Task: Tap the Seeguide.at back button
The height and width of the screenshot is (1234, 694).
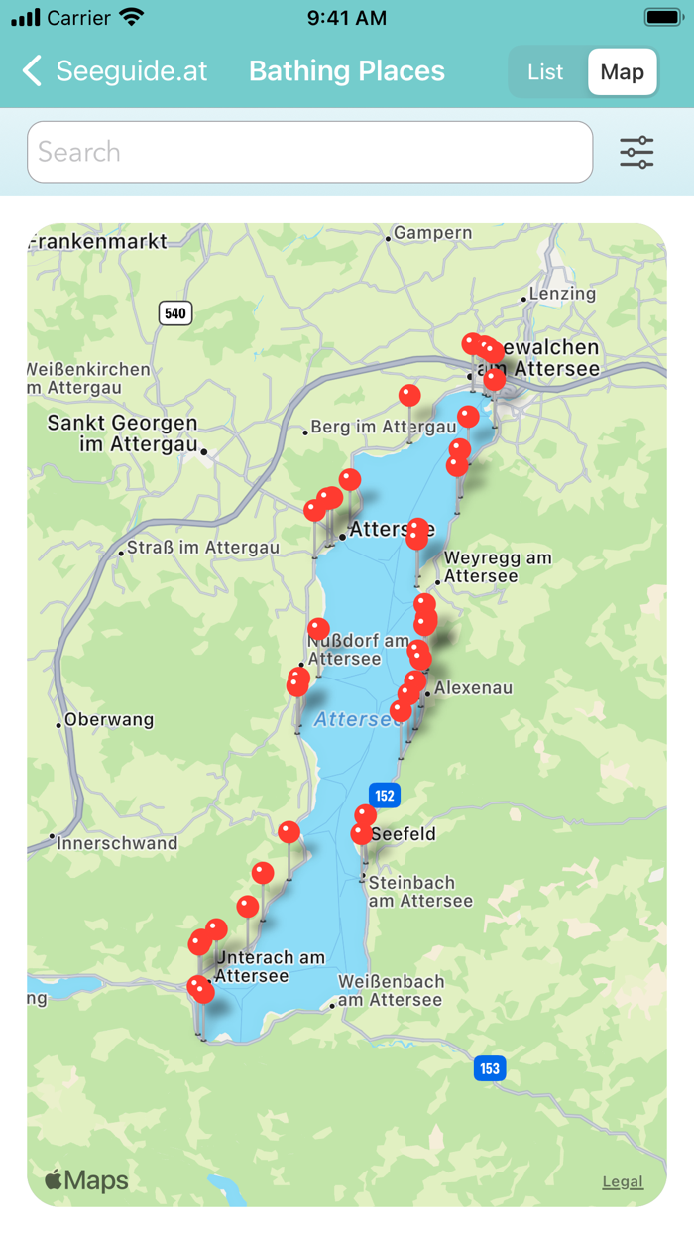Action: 114,71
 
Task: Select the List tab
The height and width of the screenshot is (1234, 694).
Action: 545,72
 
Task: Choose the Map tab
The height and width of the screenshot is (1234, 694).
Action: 622,72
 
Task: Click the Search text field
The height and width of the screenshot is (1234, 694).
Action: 309,152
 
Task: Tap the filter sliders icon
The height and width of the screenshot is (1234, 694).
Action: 636,152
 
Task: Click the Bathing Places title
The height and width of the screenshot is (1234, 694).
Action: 347,71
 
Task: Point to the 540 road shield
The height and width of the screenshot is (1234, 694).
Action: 174,313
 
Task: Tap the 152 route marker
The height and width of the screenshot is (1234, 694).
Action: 385,795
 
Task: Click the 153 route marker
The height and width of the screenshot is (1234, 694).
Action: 489,1068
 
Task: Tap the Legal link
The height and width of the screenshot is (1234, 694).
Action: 623,1181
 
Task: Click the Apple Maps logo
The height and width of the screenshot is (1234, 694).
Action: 87,1180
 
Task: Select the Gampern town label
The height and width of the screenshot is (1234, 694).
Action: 432,233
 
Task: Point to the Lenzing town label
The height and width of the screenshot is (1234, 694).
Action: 562,294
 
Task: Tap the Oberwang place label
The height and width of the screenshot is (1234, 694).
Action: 109,719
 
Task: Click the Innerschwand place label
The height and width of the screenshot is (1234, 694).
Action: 117,843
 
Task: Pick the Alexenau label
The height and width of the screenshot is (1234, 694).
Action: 473,687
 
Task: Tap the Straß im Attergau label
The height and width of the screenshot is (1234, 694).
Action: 202,548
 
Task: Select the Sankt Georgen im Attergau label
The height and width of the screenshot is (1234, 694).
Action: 123,433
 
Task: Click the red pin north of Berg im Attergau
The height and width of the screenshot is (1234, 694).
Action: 409,396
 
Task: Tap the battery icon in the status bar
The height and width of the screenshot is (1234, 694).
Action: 662,18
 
